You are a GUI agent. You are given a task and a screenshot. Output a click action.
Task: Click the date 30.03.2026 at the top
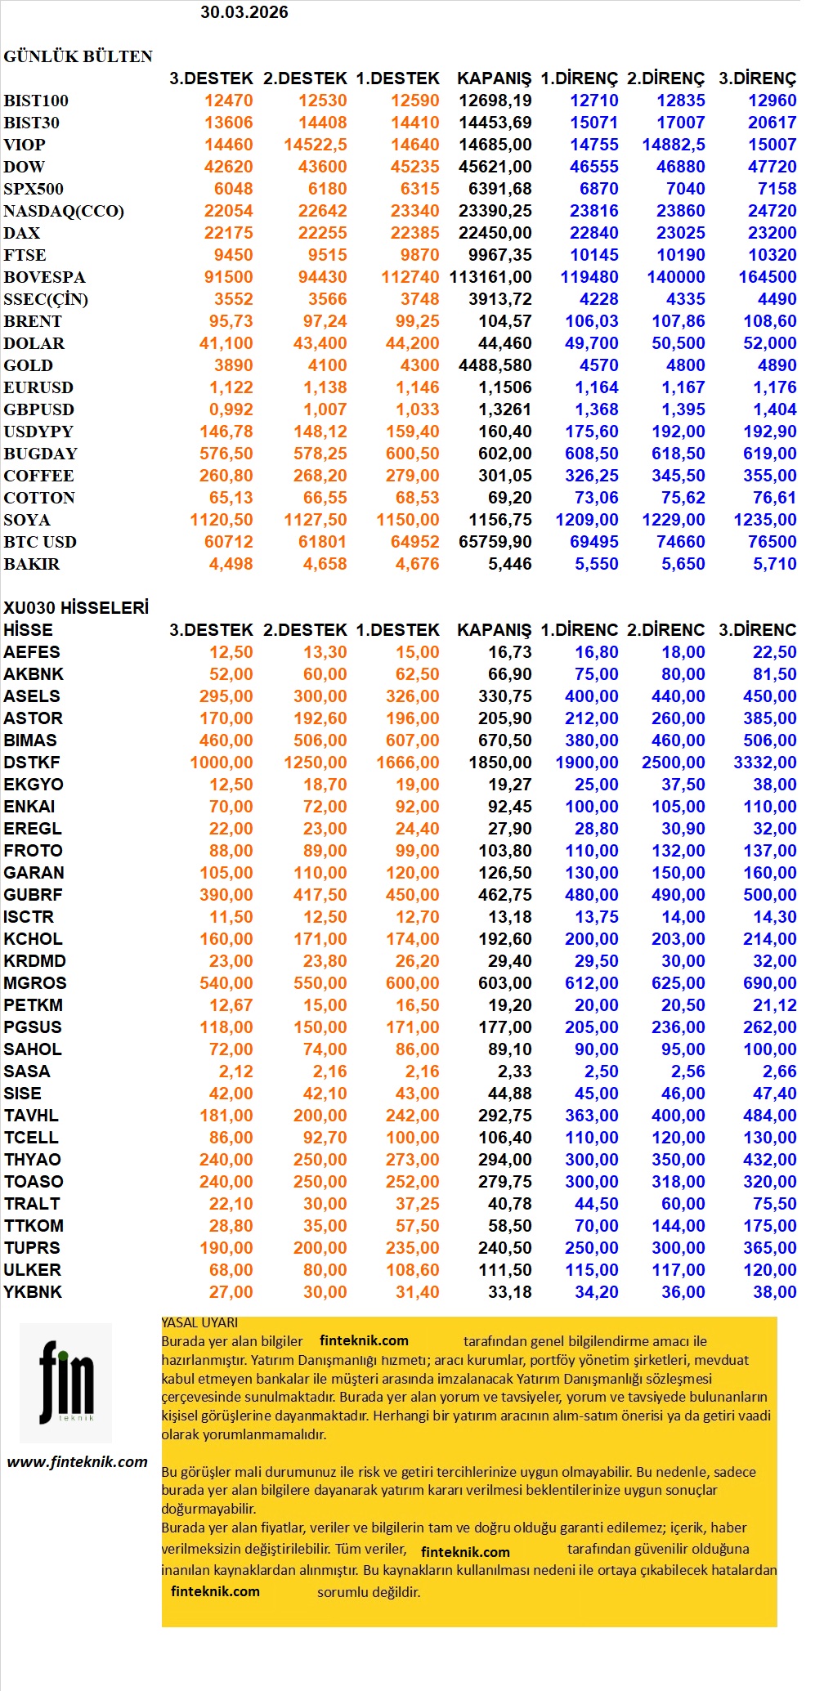tap(244, 12)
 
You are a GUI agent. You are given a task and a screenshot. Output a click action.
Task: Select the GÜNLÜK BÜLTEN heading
tap(78, 56)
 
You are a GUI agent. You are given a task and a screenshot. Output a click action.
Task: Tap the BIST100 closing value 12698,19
tap(495, 101)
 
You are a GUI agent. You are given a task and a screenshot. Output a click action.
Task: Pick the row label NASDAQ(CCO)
tap(64, 211)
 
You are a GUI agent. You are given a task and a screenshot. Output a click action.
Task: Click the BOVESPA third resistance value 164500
tap(767, 277)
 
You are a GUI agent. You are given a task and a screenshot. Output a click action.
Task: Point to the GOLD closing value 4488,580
tap(495, 365)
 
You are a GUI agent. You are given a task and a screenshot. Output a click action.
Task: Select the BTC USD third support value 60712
tap(228, 542)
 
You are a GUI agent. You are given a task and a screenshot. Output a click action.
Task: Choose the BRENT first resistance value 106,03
tap(591, 321)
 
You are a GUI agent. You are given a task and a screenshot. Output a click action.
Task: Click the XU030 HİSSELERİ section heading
tap(76, 607)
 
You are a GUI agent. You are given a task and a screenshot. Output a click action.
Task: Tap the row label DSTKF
tap(32, 763)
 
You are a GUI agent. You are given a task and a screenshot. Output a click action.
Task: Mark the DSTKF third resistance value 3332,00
tap(764, 763)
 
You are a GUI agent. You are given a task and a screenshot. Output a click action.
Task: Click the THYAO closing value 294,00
tap(504, 1160)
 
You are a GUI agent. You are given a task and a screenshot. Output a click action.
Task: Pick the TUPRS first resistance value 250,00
tap(591, 1248)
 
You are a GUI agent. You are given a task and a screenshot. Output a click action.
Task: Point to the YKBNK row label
tap(33, 1292)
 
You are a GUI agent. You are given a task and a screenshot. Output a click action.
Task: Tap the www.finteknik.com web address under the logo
tap(78, 1462)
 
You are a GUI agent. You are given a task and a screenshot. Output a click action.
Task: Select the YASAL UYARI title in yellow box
tap(199, 1322)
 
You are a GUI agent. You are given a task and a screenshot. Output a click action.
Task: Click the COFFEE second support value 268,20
tap(320, 476)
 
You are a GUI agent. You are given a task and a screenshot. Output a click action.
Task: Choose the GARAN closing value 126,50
tap(504, 873)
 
